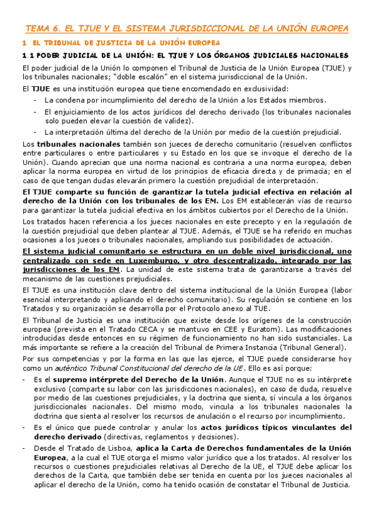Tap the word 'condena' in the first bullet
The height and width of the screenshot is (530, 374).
pos(72,100)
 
